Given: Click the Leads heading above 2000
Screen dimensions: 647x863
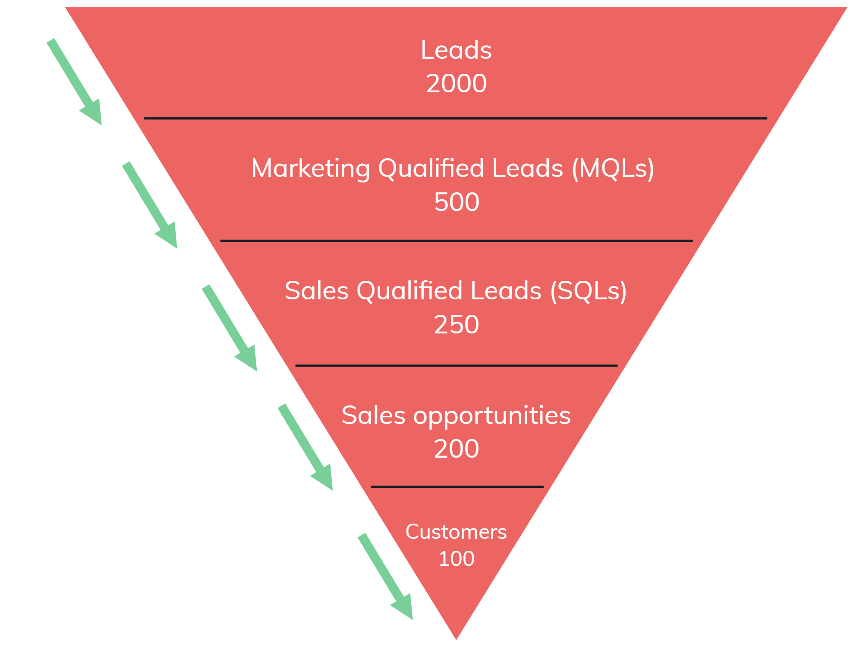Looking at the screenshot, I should (456, 50).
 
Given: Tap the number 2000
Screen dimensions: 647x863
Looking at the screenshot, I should (456, 83).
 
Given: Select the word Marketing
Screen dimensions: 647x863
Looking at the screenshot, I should (310, 168).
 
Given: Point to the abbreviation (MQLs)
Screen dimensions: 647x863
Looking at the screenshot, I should (613, 168).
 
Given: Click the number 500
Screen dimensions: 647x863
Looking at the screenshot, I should (457, 202).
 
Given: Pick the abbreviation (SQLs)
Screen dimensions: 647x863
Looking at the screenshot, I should (588, 291).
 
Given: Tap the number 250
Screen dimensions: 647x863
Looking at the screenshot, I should (457, 324).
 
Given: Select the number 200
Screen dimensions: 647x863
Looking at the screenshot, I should (457, 449).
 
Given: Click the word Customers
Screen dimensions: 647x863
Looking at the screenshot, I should (456, 532).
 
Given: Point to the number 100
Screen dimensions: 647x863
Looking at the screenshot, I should (457, 559).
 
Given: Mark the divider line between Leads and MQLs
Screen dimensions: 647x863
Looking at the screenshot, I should (455, 118).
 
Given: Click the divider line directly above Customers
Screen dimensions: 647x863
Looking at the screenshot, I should (457, 487).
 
